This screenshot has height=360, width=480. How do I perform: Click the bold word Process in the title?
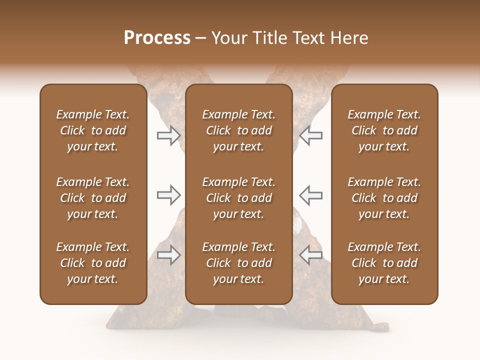tap(157, 38)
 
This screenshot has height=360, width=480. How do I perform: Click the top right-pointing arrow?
tap(168, 135)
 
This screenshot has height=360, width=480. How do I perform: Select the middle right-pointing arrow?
tap(168, 195)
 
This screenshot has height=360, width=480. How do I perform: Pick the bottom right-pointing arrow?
tap(168, 255)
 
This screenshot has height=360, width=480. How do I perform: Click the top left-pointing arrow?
tap(311, 135)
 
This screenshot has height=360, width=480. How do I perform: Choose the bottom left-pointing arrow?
tap(311, 255)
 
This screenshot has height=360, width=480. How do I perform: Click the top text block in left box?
tap(93, 130)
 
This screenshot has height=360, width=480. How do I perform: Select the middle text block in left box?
tap(93, 198)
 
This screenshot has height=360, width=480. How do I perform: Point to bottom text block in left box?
tap(93, 263)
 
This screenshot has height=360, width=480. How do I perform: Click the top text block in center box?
tap(239, 130)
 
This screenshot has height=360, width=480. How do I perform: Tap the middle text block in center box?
tap(239, 198)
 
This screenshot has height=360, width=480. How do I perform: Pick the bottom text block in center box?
tap(239, 263)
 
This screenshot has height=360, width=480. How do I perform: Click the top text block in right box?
tap(384, 130)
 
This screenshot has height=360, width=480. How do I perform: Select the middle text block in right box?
tap(384, 198)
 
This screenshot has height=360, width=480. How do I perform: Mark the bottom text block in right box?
tap(384, 263)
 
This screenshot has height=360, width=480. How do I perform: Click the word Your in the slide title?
tap(227, 38)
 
